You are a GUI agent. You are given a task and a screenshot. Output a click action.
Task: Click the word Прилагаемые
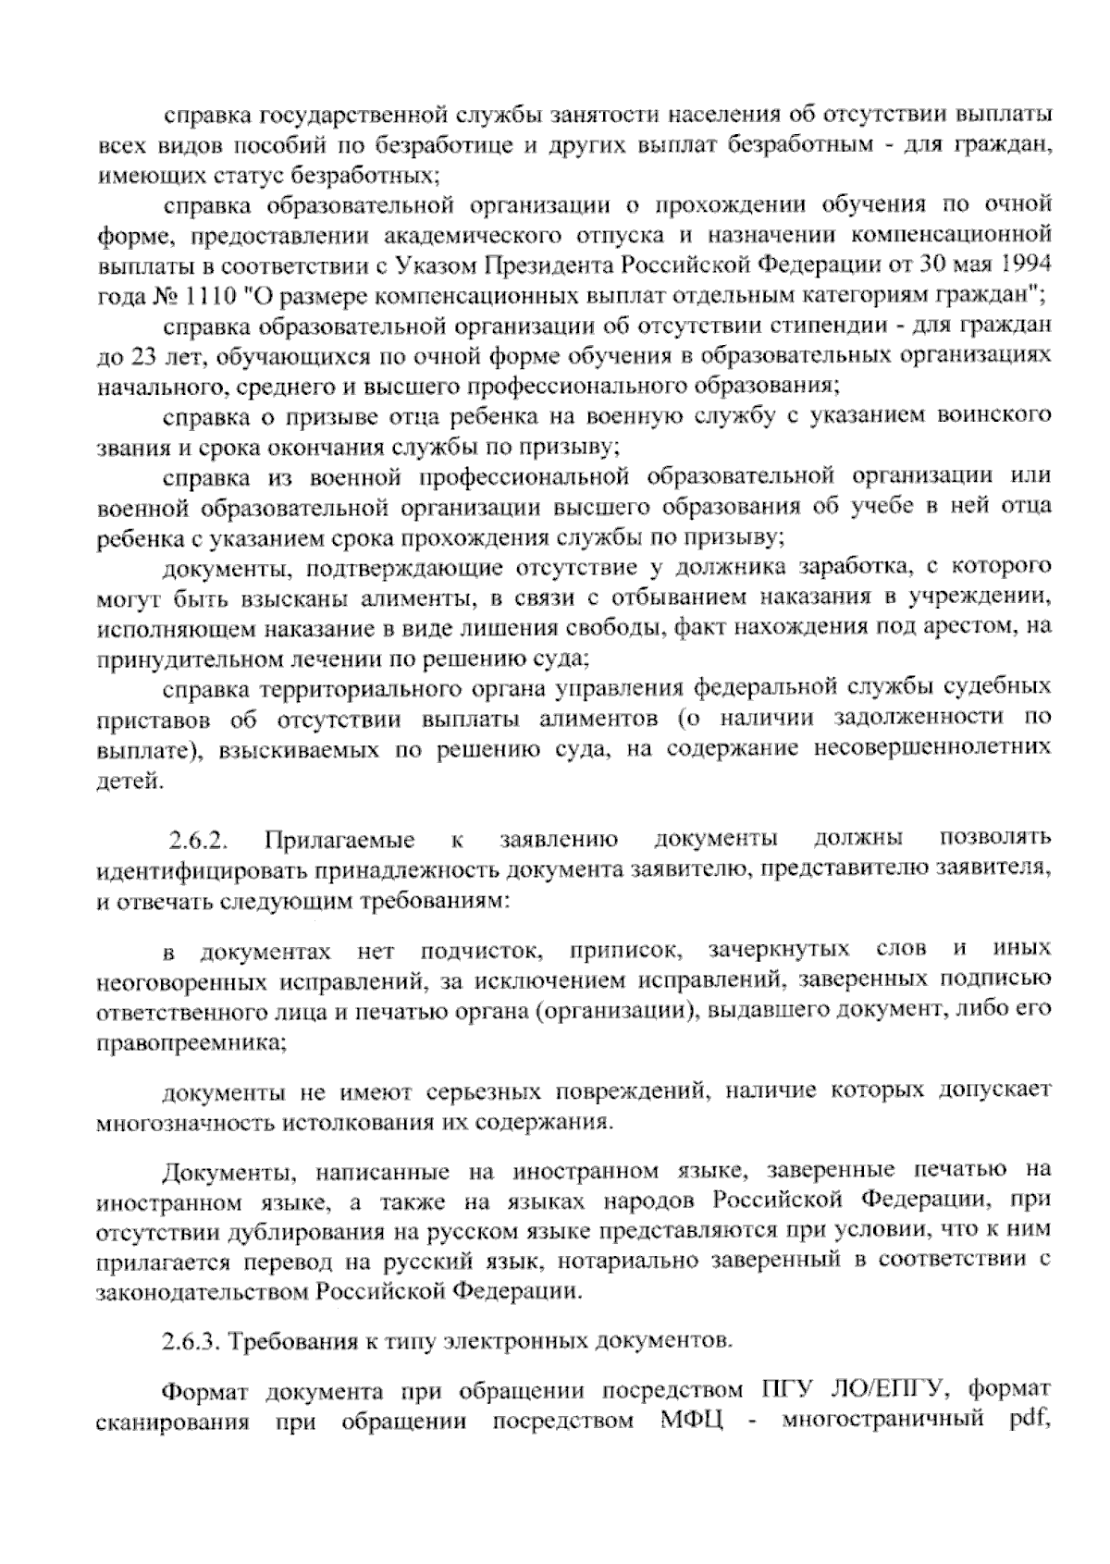pyautogui.click(x=339, y=842)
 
